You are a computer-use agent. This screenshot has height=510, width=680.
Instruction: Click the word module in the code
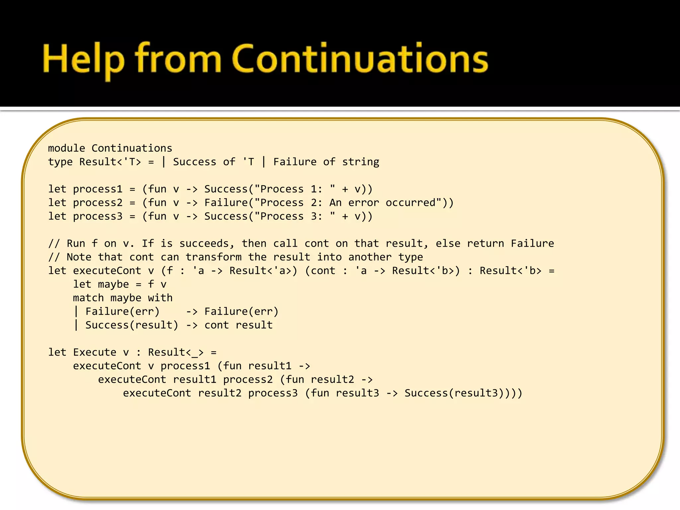pyautogui.click(x=66, y=148)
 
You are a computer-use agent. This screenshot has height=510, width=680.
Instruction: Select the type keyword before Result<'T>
pyautogui.click(x=60, y=162)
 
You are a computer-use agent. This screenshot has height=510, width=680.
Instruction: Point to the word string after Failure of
pyautogui.click(x=361, y=162)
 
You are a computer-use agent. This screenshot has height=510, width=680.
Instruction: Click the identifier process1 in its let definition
pyautogui.click(x=98, y=189)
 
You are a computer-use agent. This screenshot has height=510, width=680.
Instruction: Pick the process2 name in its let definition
pyautogui.click(x=98, y=203)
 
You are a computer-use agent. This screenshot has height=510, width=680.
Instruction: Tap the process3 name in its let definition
pyautogui.click(x=98, y=216)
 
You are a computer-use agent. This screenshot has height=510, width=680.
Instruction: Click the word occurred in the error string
pyautogui.click(x=410, y=203)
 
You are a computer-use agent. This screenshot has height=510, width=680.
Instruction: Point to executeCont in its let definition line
pyautogui.click(x=107, y=271)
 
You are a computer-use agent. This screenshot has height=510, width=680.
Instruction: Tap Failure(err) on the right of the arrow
pyautogui.click(x=241, y=312)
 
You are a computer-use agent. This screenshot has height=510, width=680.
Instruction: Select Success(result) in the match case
pyautogui.click(x=132, y=325)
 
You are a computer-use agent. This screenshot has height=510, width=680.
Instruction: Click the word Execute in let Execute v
pyautogui.click(x=95, y=353)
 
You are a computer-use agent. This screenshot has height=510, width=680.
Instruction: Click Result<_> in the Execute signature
pyautogui.click(x=176, y=353)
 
